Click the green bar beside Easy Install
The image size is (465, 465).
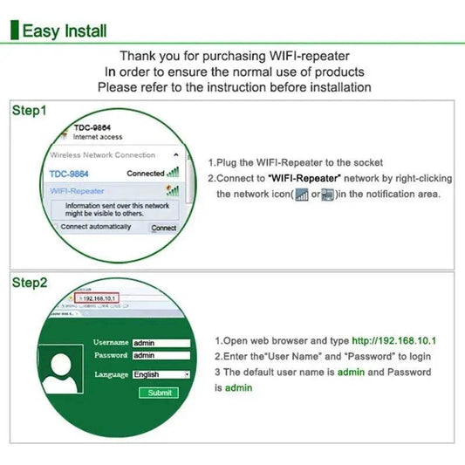click(x=13, y=31)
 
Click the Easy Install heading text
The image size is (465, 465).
click(x=65, y=31)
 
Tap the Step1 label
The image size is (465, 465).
click(x=29, y=112)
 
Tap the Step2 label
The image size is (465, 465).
click(x=29, y=283)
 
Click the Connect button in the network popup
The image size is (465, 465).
click(x=163, y=228)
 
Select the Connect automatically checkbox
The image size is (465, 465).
click(x=55, y=227)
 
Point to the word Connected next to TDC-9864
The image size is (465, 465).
click(x=145, y=173)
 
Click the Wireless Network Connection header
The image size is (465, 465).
click(x=102, y=155)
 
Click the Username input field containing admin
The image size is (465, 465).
click(x=161, y=343)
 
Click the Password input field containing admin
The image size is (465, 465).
click(x=161, y=356)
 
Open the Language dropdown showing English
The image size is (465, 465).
click(x=161, y=374)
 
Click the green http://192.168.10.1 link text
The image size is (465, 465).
click(x=393, y=340)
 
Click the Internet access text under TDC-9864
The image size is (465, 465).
click(x=97, y=137)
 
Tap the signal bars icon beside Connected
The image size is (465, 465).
click(x=173, y=173)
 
